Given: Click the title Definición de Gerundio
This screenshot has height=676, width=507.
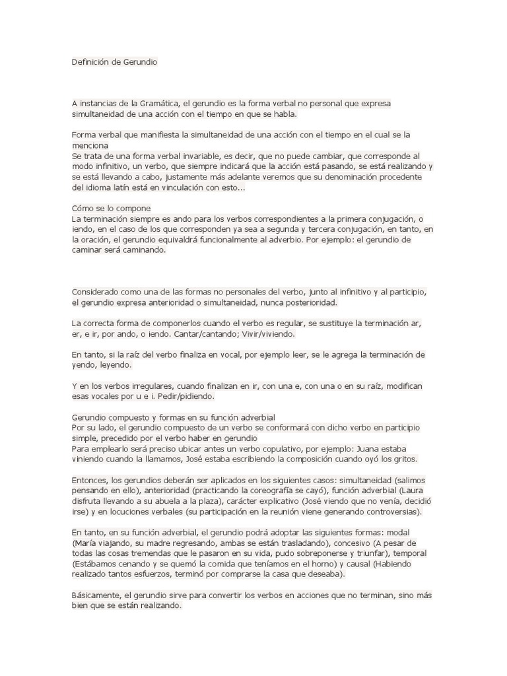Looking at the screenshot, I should coord(114,62).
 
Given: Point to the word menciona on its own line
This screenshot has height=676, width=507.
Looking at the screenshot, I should coord(90,145).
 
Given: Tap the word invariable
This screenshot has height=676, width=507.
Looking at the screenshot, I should coord(188,156).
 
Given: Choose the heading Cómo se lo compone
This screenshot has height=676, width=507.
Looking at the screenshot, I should coord(111,208).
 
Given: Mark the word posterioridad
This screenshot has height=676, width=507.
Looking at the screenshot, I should coord(307,302).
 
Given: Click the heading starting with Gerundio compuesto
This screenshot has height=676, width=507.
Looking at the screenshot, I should coord(173,417).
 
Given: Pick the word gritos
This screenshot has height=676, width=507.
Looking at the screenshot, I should coord(403,459).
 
